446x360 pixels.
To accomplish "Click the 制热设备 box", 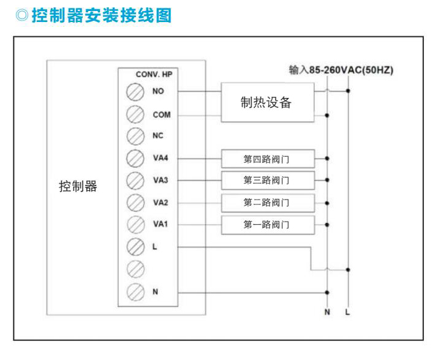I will point(266,103).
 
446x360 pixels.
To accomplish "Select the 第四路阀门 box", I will point(266,159).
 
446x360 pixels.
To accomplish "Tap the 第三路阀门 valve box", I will point(266,180).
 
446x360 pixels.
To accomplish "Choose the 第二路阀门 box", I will point(266,202).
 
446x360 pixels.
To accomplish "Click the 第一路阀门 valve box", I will point(266,224).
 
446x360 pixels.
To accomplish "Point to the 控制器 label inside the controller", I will point(78,187).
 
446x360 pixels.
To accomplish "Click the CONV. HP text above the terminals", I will point(154,74).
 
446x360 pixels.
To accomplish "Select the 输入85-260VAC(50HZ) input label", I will point(341,70).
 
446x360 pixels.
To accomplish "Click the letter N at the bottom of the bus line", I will point(327,313).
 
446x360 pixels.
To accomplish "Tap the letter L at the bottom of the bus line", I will point(348,313).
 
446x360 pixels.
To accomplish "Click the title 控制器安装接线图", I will point(101,15).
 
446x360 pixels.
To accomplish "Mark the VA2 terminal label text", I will point(161,203).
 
